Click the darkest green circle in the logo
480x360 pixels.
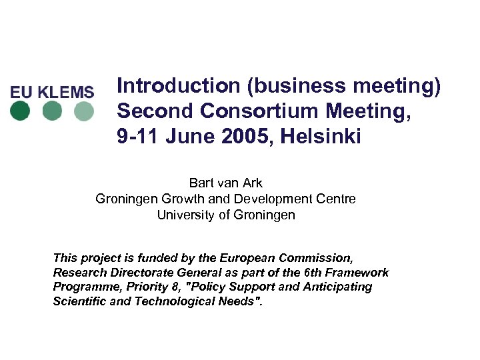point(21,111)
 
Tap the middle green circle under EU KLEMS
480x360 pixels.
point(52,111)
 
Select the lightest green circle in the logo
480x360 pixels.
point(83,111)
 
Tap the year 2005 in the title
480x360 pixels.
point(246,137)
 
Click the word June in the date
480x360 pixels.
point(189,137)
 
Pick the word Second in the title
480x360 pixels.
point(145,111)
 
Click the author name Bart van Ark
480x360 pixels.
point(225,183)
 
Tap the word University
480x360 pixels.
point(182,215)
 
